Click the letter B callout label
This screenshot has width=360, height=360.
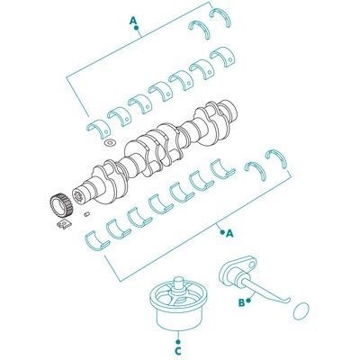coord(241,302)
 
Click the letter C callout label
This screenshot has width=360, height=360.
coord(178,350)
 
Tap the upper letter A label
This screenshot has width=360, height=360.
coord(133,21)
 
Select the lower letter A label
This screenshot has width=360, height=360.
coord(229,234)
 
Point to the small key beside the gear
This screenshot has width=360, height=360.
coord(86,214)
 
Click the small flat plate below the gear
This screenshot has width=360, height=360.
coord(64,225)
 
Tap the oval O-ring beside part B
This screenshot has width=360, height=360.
coord(301,311)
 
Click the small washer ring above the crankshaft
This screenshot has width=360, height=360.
coord(110,142)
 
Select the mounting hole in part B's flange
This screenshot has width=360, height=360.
coord(253,265)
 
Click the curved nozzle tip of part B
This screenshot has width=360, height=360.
coord(286,301)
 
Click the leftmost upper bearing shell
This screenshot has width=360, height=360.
coord(99,129)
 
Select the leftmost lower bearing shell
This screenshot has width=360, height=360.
coord(95,240)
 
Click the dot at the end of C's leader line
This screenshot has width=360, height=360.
coord(178,342)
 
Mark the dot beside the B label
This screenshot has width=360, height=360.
coord(248,300)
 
